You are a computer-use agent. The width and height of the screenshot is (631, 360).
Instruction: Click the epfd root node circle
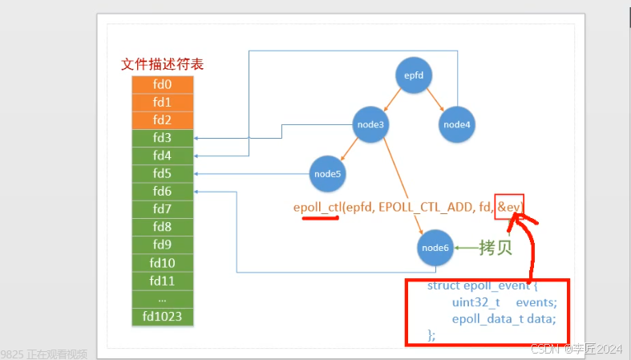tap(414, 76)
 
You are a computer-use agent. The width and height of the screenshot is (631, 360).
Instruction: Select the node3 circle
tap(371, 124)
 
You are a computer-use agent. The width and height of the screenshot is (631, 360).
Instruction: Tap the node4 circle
tap(457, 124)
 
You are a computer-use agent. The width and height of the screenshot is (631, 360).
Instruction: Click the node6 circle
tap(436, 248)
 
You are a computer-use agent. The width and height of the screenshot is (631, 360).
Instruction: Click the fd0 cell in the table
tap(162, 84)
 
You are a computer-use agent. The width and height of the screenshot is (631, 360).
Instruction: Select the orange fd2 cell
tap(162, 119)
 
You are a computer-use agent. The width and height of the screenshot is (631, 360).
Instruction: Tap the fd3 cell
tap(162, 138)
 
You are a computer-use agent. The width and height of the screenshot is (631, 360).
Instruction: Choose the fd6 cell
tap(162, 192)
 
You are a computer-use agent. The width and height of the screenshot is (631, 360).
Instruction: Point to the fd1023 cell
tap(162, 317)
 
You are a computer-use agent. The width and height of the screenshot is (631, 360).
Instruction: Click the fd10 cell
tap(162, 263)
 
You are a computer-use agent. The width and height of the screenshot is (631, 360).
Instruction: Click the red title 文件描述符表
tap(162, 64)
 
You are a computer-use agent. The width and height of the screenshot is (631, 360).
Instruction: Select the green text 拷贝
tap(495, 248)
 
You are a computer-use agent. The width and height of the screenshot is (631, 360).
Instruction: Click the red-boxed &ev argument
tap(509, 207)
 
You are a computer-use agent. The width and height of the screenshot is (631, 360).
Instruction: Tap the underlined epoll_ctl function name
tap(318, 208)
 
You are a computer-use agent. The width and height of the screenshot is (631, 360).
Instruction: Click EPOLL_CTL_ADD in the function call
tap(418, 208)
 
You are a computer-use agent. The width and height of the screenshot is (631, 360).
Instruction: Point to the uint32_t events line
tap(504, 302)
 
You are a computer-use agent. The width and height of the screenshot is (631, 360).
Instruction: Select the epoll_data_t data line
tap(503, 318)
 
